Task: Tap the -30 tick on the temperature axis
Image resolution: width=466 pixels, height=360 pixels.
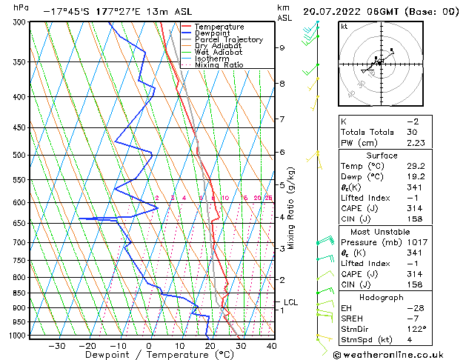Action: tap(56, 345)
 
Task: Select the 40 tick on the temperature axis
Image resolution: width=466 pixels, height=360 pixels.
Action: tap(271, 345)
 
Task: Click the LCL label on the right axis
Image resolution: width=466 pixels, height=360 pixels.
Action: tap(290, 302)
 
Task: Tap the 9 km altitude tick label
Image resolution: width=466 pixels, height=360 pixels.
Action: tap(282, 48)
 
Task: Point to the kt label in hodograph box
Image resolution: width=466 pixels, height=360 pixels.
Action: tap(344, 26)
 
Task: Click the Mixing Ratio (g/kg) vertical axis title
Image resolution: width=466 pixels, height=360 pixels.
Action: tap(291, 208)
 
